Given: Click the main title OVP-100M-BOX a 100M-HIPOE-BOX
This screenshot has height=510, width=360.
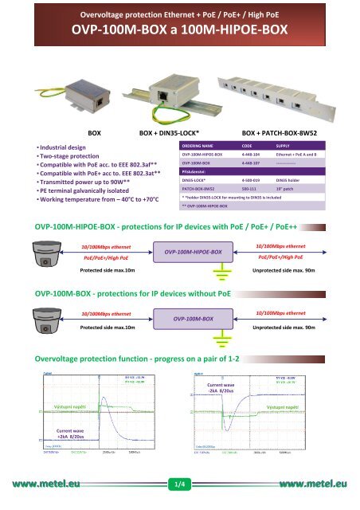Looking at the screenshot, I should (179, 30).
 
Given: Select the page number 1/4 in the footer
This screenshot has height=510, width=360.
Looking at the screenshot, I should (179, 483).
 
